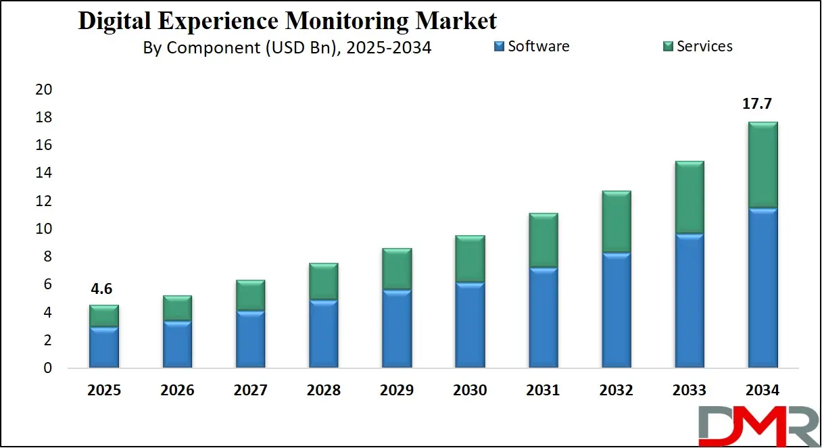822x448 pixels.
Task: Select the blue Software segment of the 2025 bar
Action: [x=104, y=347]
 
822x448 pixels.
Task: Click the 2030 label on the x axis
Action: [x=470, y=391]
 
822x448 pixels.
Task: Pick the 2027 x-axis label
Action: [x=251, y=391]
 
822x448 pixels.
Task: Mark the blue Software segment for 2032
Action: [x=616, y=311]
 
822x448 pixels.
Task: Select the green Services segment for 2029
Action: [x=397, y=270]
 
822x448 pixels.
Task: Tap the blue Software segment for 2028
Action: [x=324, y=334]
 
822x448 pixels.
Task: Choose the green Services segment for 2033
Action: [x=690, y=198]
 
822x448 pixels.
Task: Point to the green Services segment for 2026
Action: [x=177, y=308]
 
